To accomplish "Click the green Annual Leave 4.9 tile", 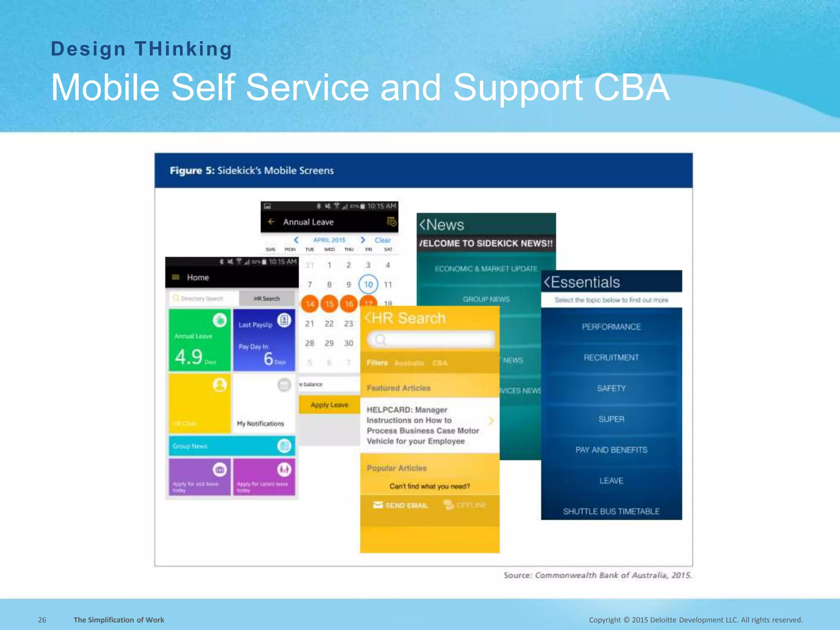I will coord(199,340).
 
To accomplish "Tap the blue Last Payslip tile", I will coord(264,340).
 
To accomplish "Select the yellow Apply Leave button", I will coord(329,405).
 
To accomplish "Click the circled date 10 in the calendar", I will coord(368,284).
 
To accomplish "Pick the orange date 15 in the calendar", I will coord(329,304).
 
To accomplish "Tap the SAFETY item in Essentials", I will coord(611,388).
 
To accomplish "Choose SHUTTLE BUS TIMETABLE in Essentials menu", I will coord(611,511).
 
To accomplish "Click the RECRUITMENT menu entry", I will coord(611,358).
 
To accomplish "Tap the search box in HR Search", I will coord(431,340).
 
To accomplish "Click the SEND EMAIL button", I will coord(401,505).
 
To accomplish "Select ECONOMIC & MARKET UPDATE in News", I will coord(486,269).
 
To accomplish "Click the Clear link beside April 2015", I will coord(382,240).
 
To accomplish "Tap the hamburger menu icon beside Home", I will coord(176,277).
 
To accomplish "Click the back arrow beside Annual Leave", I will coord(271,222).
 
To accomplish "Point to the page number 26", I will coord(42,620).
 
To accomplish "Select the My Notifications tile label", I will coord(260,424).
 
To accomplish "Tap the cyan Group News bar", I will coord(232,446).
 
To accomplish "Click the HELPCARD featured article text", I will coord(422,425).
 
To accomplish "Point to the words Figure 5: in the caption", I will coord(192,171).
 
